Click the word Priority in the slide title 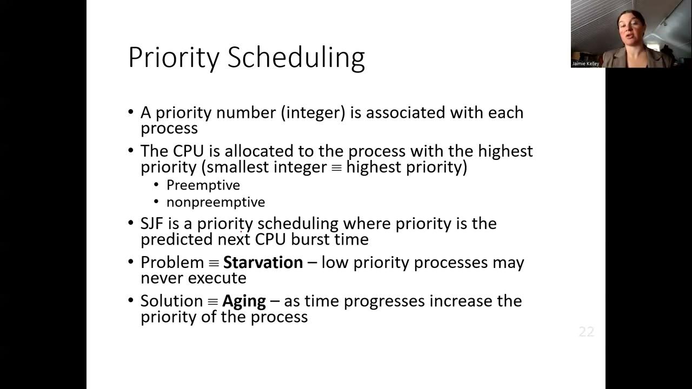[174, 57]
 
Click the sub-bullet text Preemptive [203, 185]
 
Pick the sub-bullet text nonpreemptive [215, 202]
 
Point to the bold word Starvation [263, 263]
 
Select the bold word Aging [244, 301]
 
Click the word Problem [172, 263]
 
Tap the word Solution [171, 301]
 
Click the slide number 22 [586, 332]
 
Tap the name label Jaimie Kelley [585, 64]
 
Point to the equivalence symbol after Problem [214, 263]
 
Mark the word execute [216, 278]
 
